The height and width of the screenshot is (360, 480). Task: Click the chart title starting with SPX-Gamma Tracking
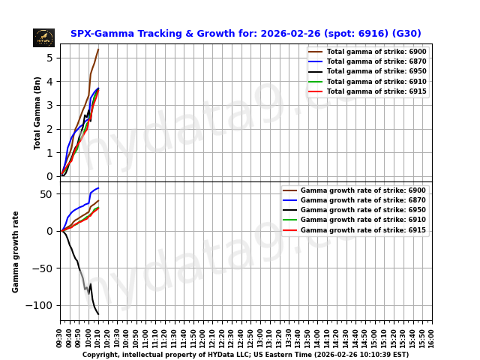point(245,34)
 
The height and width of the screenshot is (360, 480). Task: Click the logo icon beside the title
point(43,37)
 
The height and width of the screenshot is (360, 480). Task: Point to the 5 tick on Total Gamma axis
point(49,58)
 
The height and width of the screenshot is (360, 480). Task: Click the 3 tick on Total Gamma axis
point(49,105)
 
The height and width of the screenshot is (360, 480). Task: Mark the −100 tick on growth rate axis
point(41,305)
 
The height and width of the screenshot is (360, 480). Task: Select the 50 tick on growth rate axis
point(46,194)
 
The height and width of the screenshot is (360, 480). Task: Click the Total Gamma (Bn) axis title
point(37,112)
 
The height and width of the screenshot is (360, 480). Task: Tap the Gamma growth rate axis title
point(16,251)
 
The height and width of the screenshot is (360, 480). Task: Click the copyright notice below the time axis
point(245,355)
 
